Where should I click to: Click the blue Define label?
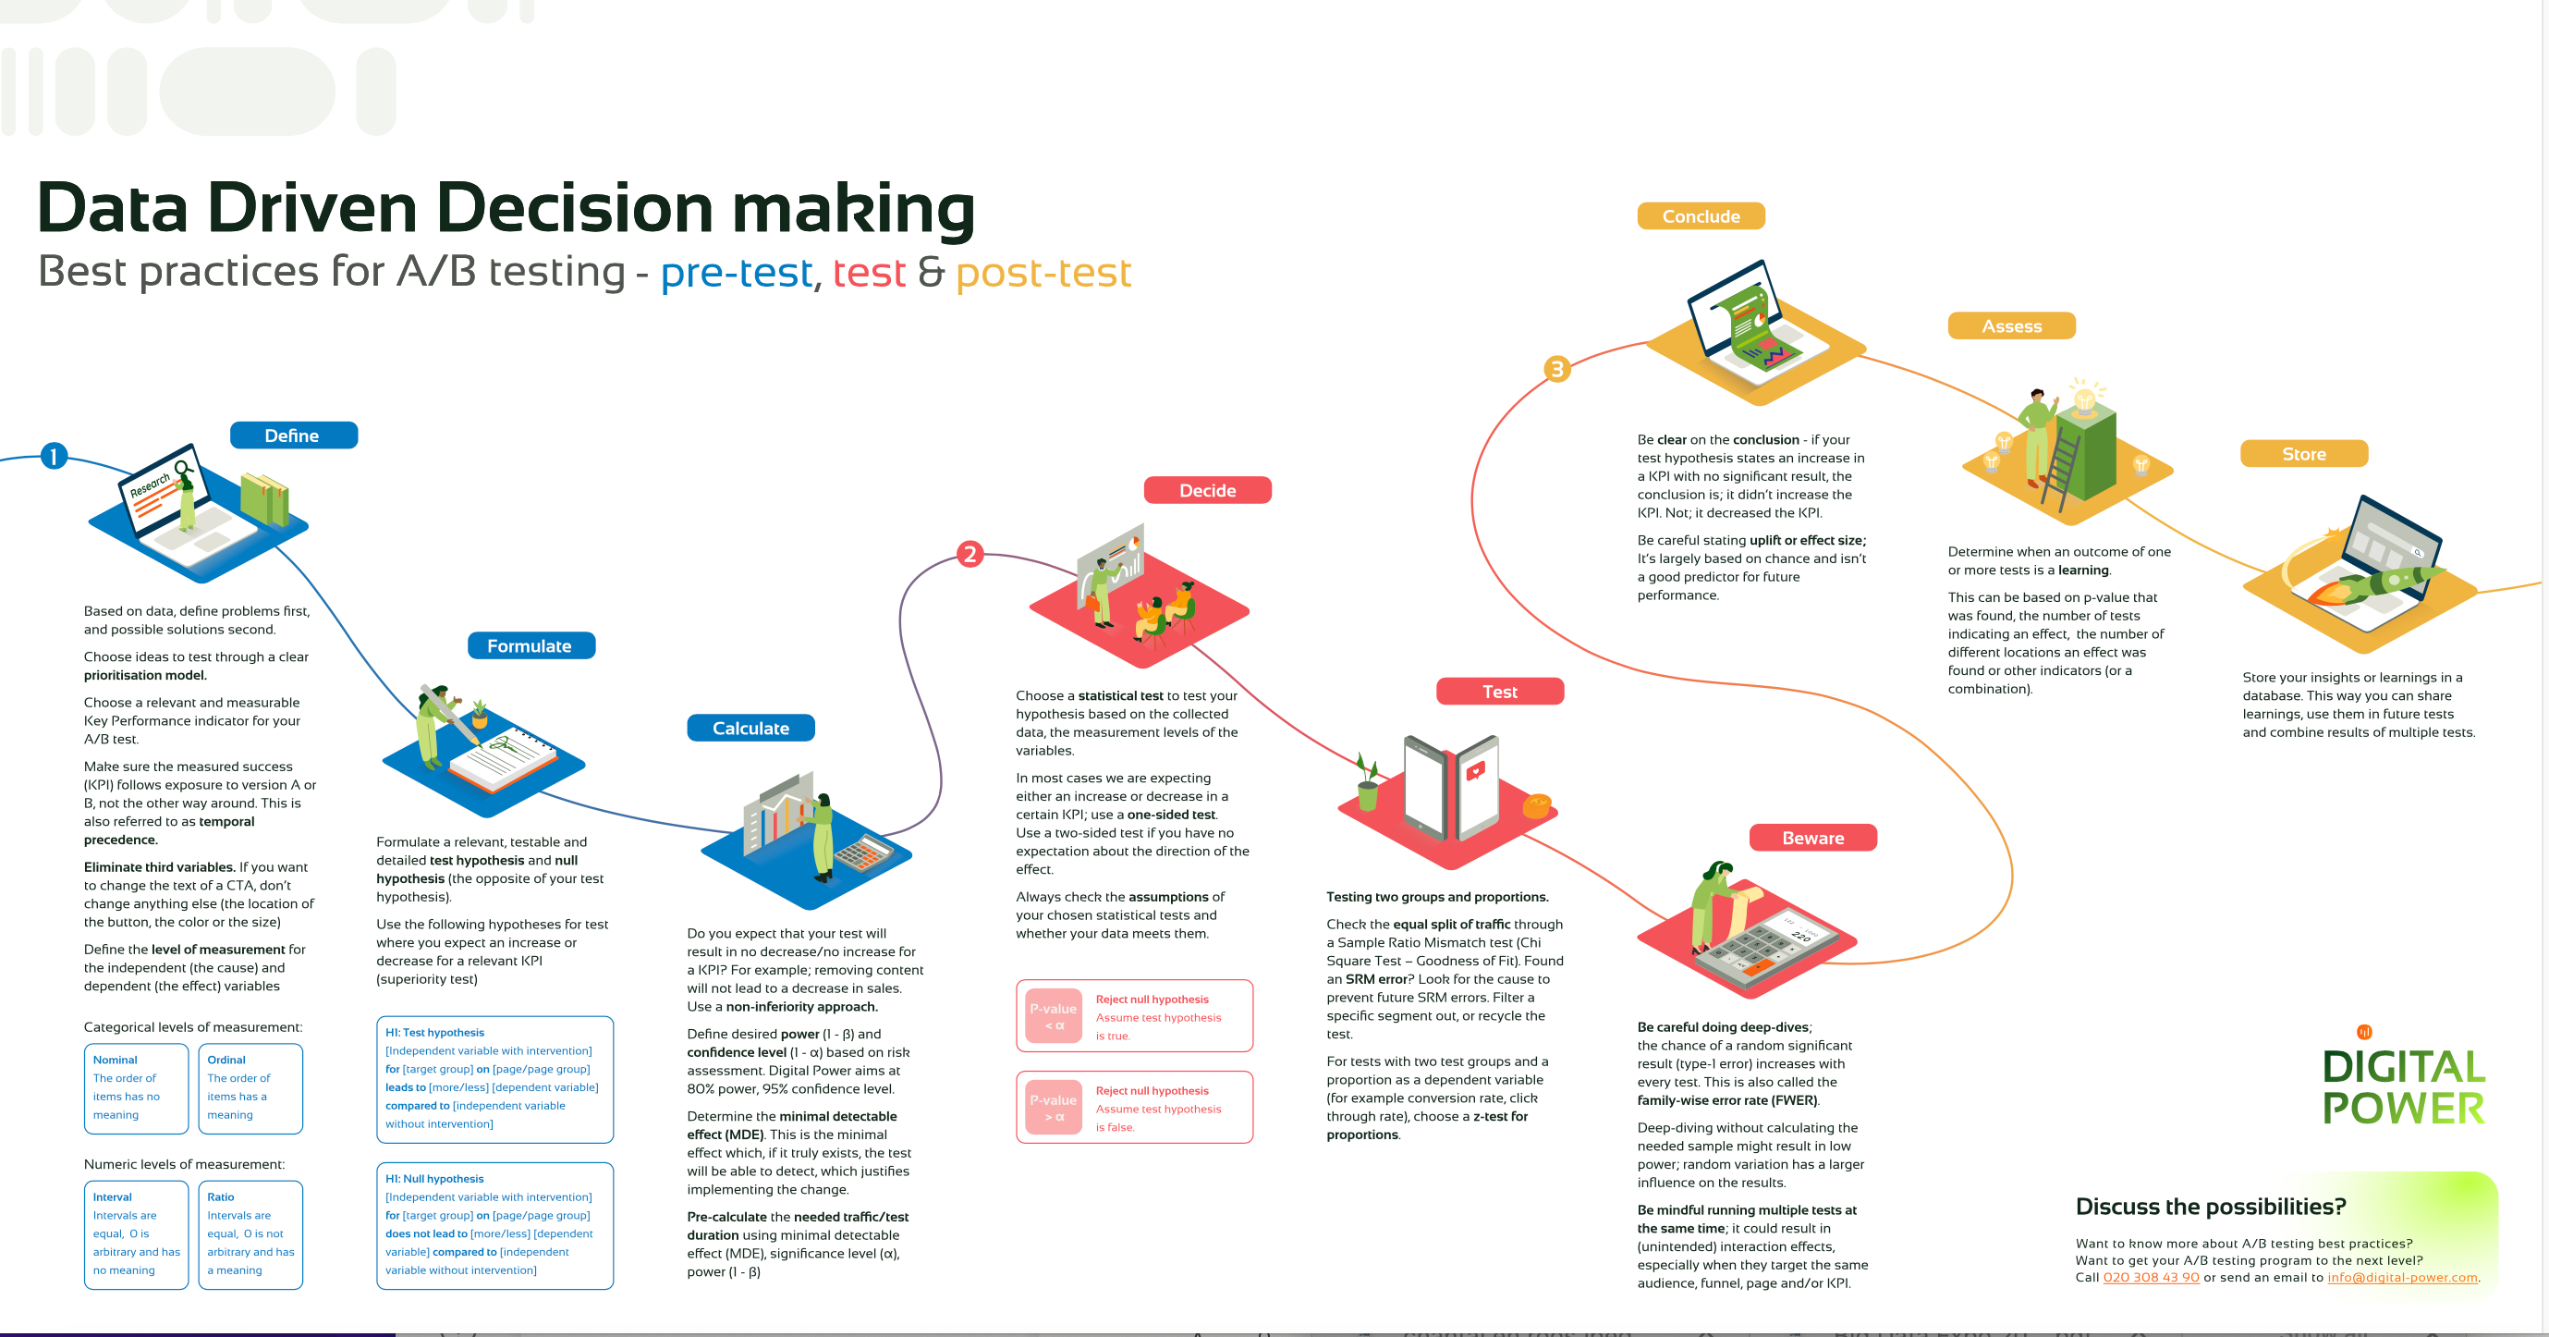click(293, 435)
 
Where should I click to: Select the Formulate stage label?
click(531, 645)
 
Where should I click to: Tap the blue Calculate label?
click(750, 728)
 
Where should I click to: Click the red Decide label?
click(1206, 490)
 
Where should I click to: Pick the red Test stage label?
click(1499, 691)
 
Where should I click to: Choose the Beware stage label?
click(1811, 837)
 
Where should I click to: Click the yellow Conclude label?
click(1700, 215)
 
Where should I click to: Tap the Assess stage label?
click(2011, 325)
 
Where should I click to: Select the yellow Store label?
click(2302, 453)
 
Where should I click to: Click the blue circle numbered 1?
click(54, 455)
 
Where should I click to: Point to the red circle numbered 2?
click(970, 553)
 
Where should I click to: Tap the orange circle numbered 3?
click(1556, 369)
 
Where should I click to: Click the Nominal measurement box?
click(136, 1087)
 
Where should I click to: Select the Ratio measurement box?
click(250, 1234)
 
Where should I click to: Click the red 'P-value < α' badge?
click(1053, 1016)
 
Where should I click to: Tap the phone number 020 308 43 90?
click(2151, 1277)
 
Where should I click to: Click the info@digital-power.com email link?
click(2401, 1277)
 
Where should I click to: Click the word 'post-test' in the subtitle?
click(1043, 272)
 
